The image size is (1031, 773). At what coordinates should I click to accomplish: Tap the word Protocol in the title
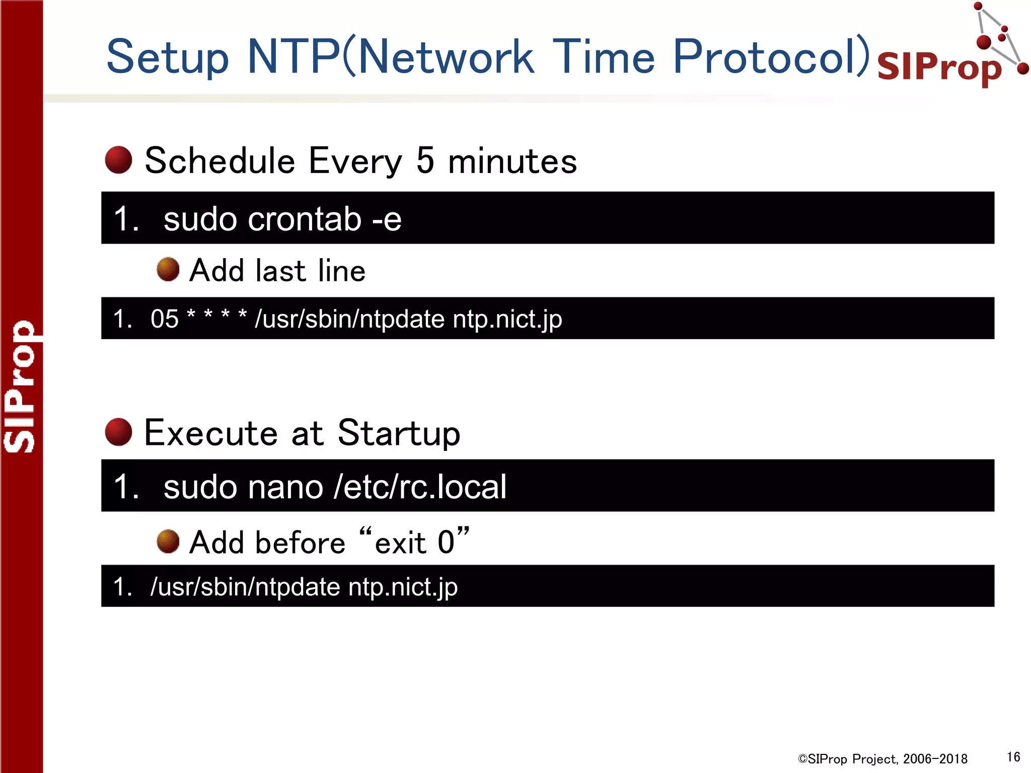pos(770,56)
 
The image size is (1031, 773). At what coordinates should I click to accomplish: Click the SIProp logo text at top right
pos(939,67)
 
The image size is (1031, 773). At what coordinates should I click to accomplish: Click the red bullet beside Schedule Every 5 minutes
pos(118,160)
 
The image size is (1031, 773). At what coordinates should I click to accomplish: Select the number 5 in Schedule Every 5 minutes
pos(425,161)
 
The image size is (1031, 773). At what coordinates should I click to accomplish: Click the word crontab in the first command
pos(305,219)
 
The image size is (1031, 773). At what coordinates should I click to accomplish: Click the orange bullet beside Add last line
pos(168,270)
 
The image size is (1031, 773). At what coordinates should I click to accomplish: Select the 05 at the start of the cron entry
pos(165,319)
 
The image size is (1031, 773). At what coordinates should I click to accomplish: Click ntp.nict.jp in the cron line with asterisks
pos(507,319)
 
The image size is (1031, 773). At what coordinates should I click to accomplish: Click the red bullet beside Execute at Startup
pos(118,432)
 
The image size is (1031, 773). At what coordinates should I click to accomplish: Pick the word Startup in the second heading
pos(399,433)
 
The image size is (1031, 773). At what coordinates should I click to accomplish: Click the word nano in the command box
pos(285,487)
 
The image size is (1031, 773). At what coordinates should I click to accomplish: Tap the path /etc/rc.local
pos(420,487)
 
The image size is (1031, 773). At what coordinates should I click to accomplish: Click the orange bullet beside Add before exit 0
pos(168,542)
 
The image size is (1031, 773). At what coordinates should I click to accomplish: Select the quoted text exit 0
pos(415,542)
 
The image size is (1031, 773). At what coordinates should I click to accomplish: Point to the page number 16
pos(1013,757)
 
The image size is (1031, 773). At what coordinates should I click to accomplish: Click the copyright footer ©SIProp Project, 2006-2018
pos(882,759)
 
